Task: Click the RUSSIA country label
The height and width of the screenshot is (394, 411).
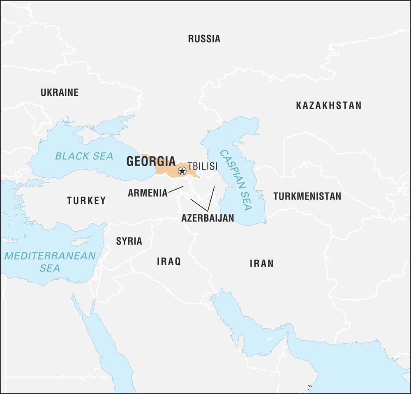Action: pos(204,39)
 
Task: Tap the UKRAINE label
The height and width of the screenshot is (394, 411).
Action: pos(59,93)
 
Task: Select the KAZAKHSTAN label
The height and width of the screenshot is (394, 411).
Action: pos(328,105)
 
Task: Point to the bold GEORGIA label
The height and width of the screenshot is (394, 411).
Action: pos(151,161)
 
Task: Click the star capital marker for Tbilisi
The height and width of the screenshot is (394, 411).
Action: pos(182,170)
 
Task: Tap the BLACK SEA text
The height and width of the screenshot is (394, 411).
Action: pos(84,156)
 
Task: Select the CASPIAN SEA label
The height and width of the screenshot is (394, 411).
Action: pos(236,180)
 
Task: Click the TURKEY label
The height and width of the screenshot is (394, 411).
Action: pos(86,201)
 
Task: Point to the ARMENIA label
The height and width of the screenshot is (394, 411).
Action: pos(148,193)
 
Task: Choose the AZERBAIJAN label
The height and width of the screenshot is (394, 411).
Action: pos(208,218)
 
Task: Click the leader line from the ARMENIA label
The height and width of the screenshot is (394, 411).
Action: pos(175,190)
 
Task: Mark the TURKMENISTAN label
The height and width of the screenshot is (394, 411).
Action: pos(307,196)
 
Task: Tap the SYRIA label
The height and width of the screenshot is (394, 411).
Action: pos(129,241)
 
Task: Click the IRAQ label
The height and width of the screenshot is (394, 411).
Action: pos(169,262)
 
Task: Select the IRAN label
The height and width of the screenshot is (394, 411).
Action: pos(261,264)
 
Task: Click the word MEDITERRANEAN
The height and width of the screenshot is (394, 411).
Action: pos(50,256)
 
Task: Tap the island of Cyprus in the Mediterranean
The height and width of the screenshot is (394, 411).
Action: pos(81,242)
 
